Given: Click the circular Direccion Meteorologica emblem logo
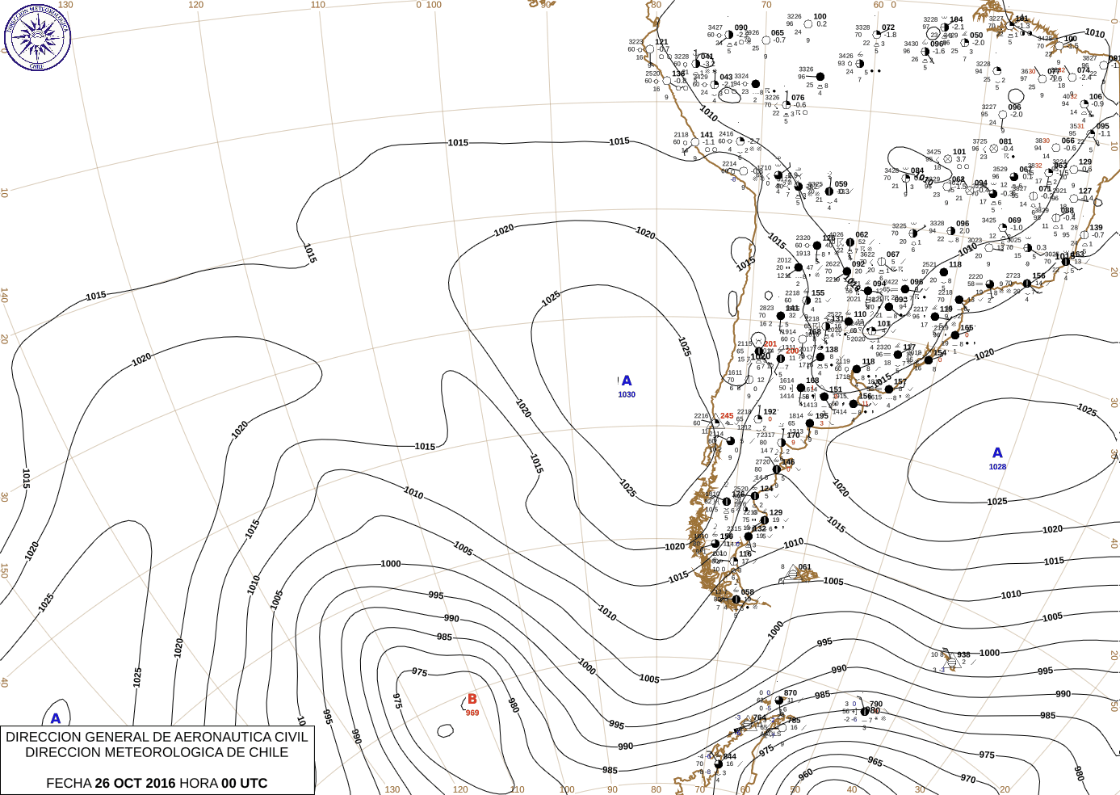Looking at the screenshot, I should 37,36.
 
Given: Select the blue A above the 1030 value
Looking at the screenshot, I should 627,381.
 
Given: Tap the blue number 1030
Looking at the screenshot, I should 627,395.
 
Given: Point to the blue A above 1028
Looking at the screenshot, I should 997,453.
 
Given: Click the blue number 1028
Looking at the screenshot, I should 997,467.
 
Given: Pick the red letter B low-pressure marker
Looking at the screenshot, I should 472,700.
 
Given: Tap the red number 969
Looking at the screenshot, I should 472,713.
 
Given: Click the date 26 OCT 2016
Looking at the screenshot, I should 135,783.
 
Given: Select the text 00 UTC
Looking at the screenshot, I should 244,783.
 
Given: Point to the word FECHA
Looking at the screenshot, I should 69,783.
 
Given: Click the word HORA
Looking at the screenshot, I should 199,783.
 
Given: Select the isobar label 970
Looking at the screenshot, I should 968,779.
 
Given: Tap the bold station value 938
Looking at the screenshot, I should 963,655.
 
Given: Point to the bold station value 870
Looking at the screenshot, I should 790,693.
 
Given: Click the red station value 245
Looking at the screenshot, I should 727,417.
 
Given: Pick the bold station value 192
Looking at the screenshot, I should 770,412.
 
